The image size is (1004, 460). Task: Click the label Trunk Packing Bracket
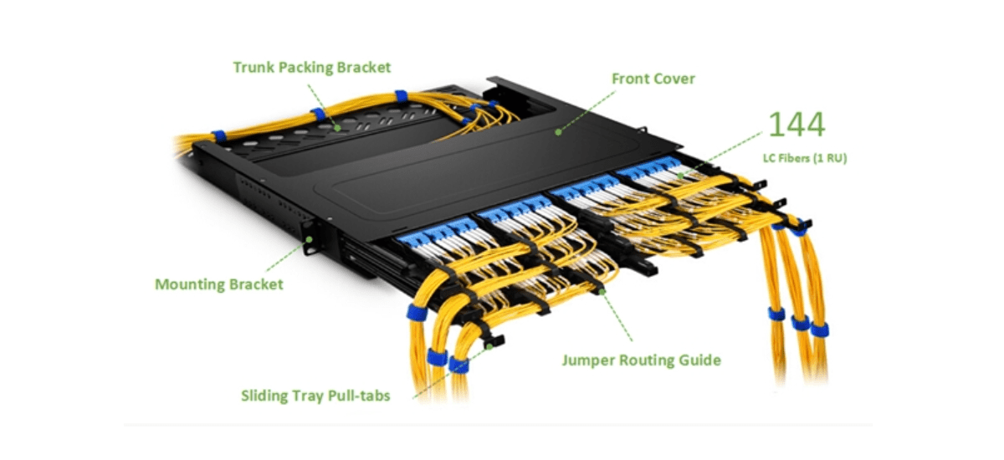coord(312,68)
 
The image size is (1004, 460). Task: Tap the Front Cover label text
coord(653,79)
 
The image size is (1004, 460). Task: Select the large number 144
coord(797,124)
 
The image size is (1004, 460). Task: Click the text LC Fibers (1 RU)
coord(805,158)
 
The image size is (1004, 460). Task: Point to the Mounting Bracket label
coord(219,284)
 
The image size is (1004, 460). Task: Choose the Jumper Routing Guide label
coord(642,360)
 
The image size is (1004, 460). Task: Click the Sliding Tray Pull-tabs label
coord(315,396)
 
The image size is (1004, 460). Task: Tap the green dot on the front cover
coord(558,132)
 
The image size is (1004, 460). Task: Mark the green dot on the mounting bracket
coord(309,240)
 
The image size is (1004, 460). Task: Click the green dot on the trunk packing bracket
coord(337,128)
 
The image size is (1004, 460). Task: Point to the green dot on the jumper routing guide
coord(602,292)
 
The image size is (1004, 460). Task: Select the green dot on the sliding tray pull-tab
coord(489,347)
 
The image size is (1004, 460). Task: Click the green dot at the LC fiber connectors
coord(681,176)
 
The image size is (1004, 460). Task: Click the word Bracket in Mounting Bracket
coord(257,284)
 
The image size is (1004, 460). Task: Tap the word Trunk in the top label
coord(254,68)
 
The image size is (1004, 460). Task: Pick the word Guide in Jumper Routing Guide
coord(700,360)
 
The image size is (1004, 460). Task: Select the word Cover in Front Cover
coord(674,79)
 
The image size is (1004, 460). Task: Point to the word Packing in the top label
coord(305,68)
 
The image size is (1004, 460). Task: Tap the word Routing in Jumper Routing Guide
coord(647,360)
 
